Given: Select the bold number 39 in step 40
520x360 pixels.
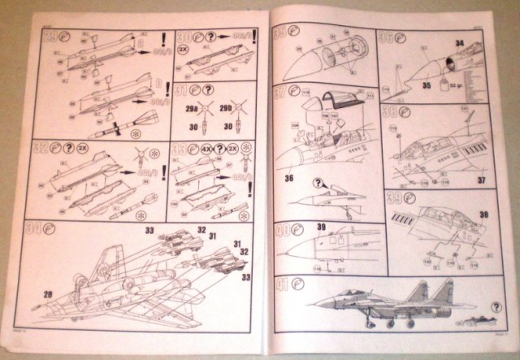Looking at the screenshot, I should (x=321, y=227).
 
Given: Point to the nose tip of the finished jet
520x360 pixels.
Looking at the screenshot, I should (x=314, y=305).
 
